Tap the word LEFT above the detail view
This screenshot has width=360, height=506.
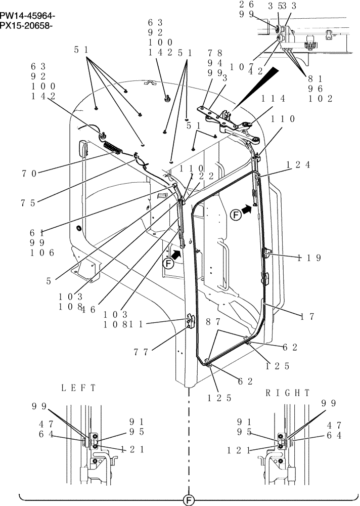point(78,389)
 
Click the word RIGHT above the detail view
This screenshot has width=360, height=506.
point(287,393)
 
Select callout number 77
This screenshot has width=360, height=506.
point(143,352)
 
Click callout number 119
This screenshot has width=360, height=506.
point(309,258)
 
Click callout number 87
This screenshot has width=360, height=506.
point(213,321)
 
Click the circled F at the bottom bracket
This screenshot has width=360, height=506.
point(188,500)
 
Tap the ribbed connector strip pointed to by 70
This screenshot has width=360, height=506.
point(112,148)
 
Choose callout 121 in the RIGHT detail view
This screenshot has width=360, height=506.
point(239,449)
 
